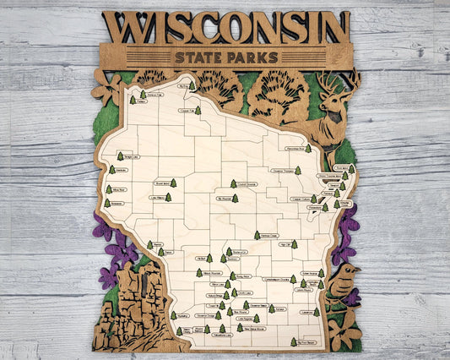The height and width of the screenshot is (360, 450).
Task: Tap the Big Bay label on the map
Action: pyautogui.click(x=183, y=85)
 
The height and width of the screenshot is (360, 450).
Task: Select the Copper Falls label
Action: pyautogui.click(x=187, y=111)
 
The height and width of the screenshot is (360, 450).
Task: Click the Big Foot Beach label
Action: pyautogui.click(x=307, y=342)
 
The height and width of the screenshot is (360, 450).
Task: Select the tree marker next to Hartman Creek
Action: pyautogui.click(x=257, y=235)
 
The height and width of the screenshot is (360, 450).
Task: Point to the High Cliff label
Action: pyautogui.click(x=285, y=245)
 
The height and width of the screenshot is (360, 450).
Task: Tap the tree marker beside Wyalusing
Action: pyautogui.click(x=174, y=315)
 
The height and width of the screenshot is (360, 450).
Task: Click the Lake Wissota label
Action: pyautogui.click(x=158, y=198)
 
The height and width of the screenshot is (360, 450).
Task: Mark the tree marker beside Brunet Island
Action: pyautogui.click(x=173, y=183)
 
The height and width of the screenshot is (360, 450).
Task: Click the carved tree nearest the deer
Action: pyautogui.click(x=279, y=94)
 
